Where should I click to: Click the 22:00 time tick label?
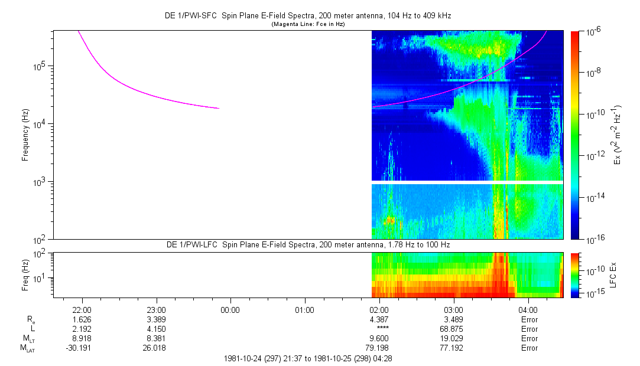pyautogui.click(x=82, y=310)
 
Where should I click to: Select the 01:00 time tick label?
pyautogui.click(x=304, y=310)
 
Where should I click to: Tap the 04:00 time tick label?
pyautogui.click(x=528, y=310)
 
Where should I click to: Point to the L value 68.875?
pyautogui.click(x=453, y=329)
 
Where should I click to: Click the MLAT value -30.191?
pyautogui.click(x=82, y=348)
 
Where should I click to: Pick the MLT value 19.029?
pyautogui.click(x=453, y=338)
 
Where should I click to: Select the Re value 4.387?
pyautogui.click(x=379, y=319)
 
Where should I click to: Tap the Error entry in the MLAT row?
pyautogui.click(x=529, y=348)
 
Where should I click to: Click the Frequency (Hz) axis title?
pyautogui.click(x=25, y=135)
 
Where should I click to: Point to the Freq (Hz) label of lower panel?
pyautogui.click(x=25, y=274)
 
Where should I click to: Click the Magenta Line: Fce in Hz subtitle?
pyautogui.click(x=307, y=24)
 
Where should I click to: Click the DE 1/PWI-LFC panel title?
pyautogui.click(x=307, y=244)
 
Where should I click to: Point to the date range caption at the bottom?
pyautogui.click(x=307, y=358)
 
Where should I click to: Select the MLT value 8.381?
pyautogui.click(x=156, y=338)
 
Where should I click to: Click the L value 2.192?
pyautogui.click(x=82, y=329)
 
